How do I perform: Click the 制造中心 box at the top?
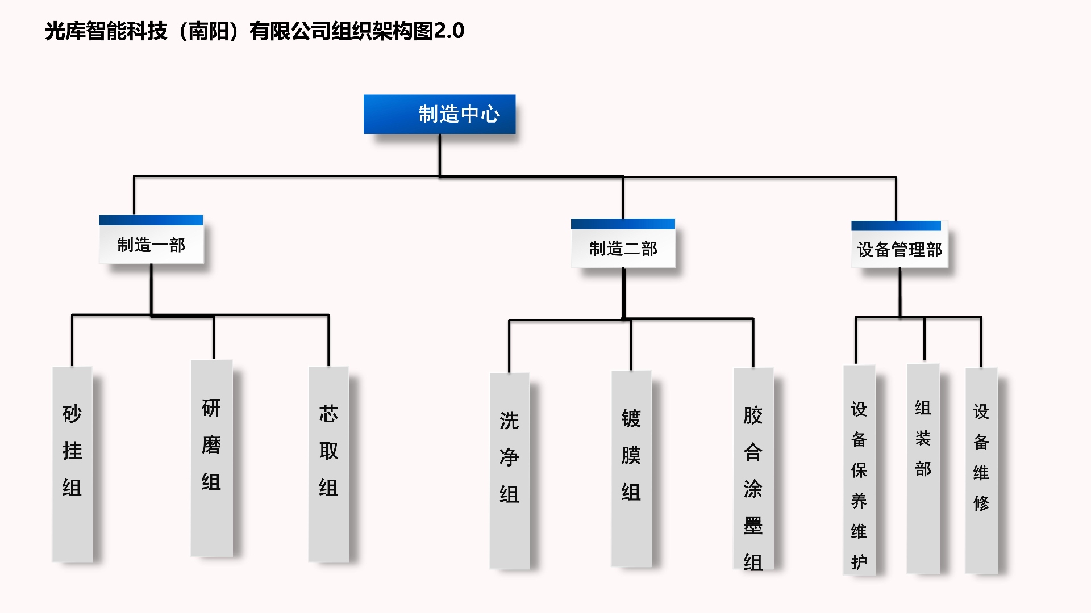[439, 114]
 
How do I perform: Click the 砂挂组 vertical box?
[72, 464]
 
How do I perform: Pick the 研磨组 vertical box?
[211, 458]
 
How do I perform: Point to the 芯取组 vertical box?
[328, 464]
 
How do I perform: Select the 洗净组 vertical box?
[509, 471]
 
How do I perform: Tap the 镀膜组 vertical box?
[631, 468]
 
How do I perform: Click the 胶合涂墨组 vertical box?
[753, 468]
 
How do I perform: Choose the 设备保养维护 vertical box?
[859, 469]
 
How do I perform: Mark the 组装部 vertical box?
[923, 468]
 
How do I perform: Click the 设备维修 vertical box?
[981, 471]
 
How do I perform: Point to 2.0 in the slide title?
[449, 31]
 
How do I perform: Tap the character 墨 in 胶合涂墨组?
[753, 526]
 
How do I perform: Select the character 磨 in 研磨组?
[211, 444]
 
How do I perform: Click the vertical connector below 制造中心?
[439, 154]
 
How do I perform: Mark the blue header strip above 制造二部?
[623, 224]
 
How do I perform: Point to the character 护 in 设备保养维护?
[859, 561]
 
